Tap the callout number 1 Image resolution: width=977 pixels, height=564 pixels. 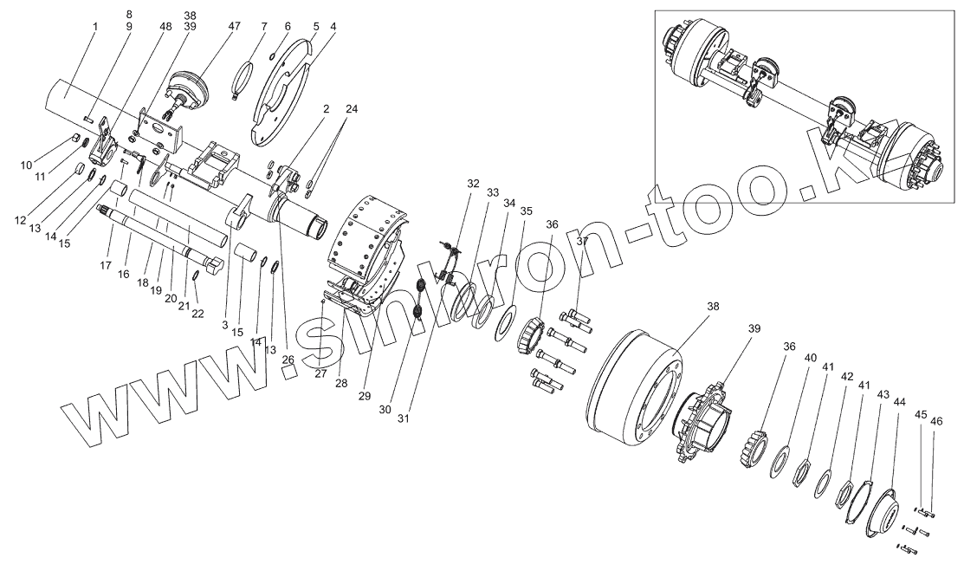point(94,26)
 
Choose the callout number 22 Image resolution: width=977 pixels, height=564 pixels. point(197,313)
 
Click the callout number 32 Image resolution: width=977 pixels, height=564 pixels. point(472,184)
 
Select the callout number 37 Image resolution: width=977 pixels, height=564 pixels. point(582,241)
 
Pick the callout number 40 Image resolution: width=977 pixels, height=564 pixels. point(810,358)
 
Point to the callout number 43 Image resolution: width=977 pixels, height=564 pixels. point(883,394)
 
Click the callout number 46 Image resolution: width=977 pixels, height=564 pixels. point(936,421)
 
